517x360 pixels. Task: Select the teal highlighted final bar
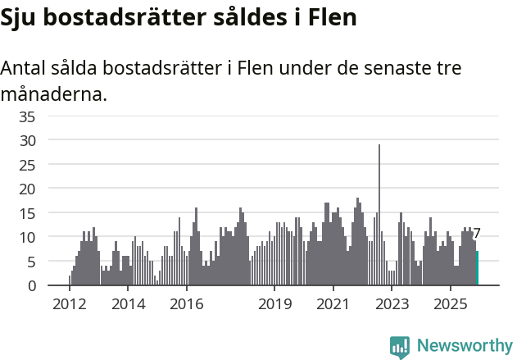[x=477, y=268]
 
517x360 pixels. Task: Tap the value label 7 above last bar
[x=477, y=234]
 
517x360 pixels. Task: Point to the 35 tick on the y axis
[x=27, y=116]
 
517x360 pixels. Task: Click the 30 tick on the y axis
[x=27, y=140]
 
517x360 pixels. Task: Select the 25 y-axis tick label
[x=27, y=165]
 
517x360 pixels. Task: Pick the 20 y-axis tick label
[x=27, y=189]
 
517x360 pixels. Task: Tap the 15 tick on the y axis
[x=27, y=213]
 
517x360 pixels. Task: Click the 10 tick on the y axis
[x=27, y=237]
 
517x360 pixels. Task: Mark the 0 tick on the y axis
[x=31, y=285]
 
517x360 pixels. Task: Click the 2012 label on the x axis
[x=70, y=304]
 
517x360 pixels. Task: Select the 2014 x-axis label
[x=128, y=304]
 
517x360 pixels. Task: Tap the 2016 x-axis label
[x=187, y=304]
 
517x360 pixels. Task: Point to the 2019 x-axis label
[x=274, y=304]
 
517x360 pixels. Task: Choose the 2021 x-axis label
[x=333, y=304]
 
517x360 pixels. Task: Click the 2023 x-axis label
[x=392, y=304]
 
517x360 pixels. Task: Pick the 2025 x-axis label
[x=451, y=304]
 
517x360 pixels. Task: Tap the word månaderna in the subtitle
[x=53, y=94]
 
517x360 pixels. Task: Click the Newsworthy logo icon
[x=400, y=346]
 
